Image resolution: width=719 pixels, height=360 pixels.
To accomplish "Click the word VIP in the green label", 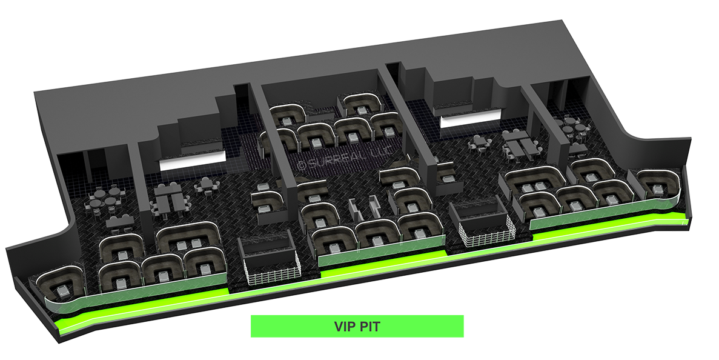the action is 344,327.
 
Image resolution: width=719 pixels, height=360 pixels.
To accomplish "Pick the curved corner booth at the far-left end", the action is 60,284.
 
